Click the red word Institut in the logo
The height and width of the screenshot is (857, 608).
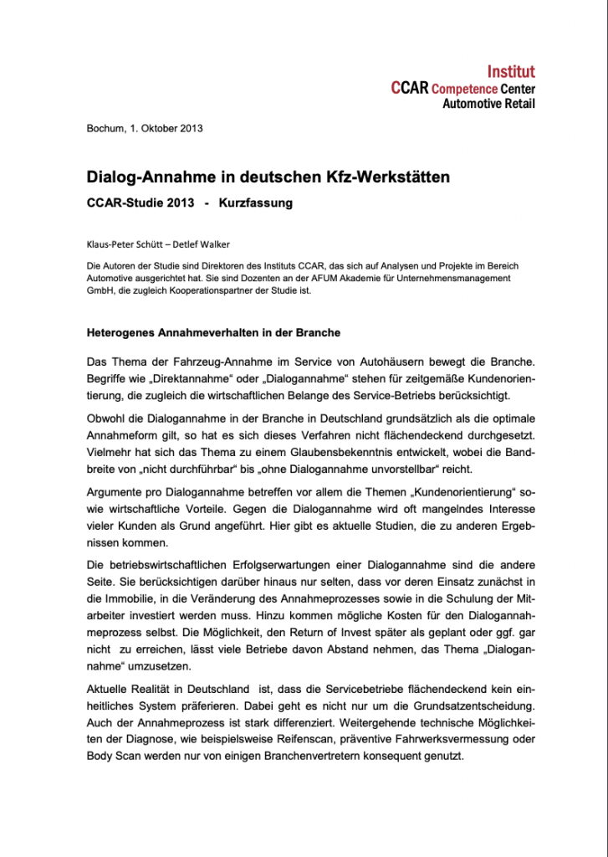pyautogui.click(x=510, y=72)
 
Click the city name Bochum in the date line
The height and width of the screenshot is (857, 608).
pyautogui.click(x=105, y=128)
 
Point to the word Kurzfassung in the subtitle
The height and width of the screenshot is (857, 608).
pyautogui.click(x=256, y=203)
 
